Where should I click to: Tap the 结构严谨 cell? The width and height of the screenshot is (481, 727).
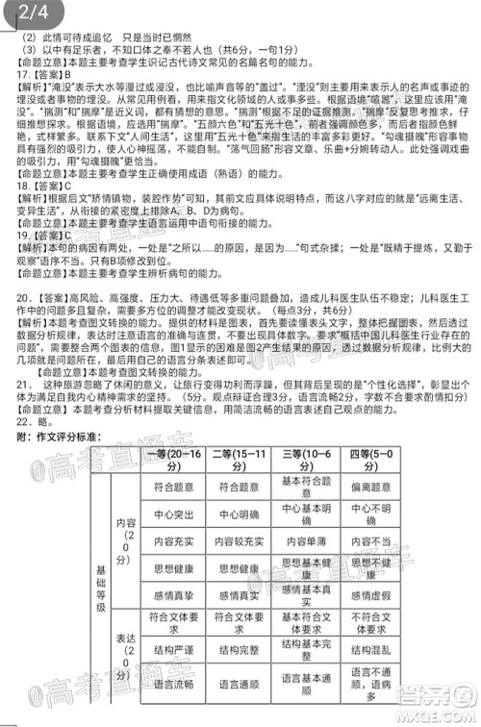(x=175, y=651)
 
